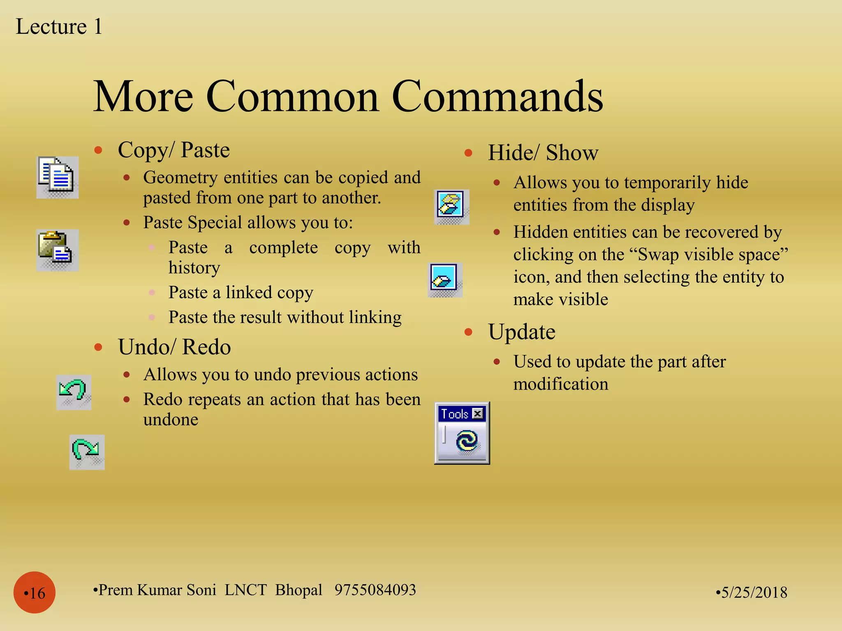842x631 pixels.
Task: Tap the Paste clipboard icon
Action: point(57,249)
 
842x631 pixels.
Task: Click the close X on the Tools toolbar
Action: point(477,414)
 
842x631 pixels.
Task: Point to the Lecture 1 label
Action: point(59,27)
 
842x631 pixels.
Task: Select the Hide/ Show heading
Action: point(543,153)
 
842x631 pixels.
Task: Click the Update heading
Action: point(521,332)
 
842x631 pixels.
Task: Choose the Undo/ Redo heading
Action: point(174,347)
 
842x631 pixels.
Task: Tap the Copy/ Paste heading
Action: point(173,150)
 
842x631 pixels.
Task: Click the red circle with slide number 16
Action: point(35,592)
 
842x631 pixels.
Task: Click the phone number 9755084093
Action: point(375,590)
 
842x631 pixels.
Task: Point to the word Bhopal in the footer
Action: point(298,590)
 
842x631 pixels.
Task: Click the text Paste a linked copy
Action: point(241,292)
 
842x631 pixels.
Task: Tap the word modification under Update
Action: point(560,384)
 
